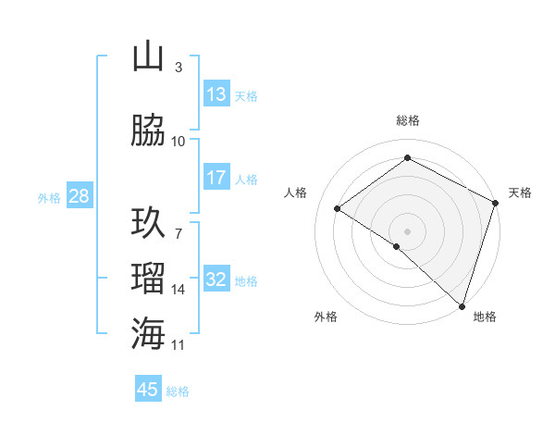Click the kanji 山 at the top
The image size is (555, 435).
point(148,57)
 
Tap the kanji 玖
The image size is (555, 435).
point(148,223)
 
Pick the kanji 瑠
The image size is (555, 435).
point(148,278)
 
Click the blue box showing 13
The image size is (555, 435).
point(216,94)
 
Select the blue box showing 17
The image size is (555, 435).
point(216,178)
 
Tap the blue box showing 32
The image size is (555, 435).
point(216,280)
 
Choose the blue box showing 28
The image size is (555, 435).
point(79,197)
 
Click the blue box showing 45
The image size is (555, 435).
point(148,390)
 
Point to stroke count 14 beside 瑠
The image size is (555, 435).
point(179,290)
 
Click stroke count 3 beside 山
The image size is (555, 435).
point(179,68)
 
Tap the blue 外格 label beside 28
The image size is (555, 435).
point(49,198)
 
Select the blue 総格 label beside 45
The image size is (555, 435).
point(178,391)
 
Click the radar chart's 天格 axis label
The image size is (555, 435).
point(520,193)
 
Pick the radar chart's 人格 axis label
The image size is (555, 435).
point(296,193)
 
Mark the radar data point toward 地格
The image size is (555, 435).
point(462,305)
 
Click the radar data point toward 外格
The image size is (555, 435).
point(397,246)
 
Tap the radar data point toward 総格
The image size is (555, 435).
point(407,158)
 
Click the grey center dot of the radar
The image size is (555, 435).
point(407,230)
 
